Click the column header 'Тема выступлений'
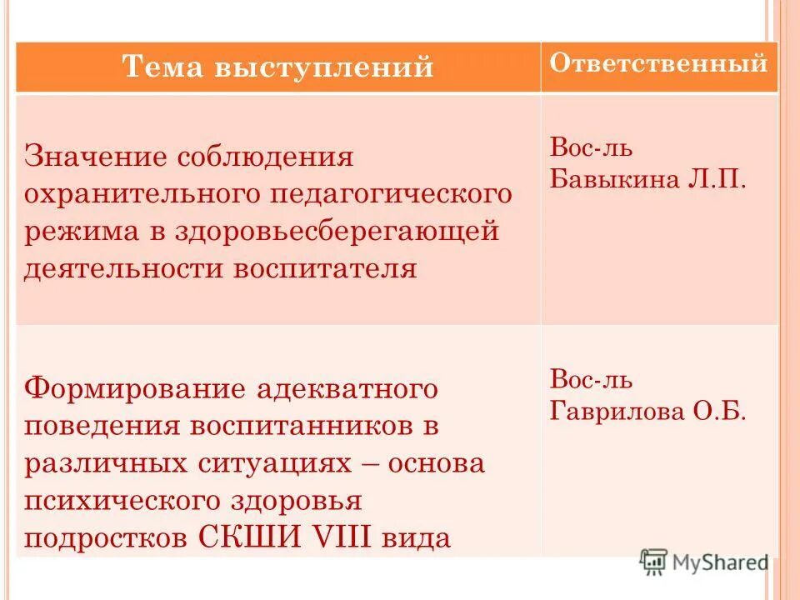pos(278,67)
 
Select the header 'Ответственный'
pos(658,63)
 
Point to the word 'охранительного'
pos(139,194)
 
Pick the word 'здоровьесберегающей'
pos(337,231)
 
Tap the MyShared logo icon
pos(654,561)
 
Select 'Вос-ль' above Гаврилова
pos(591,380)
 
